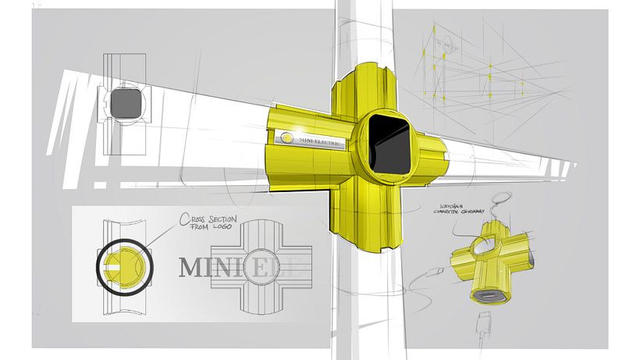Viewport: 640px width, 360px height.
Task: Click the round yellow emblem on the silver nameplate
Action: (286, 139)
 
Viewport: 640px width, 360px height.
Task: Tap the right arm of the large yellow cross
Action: (432, 155)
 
